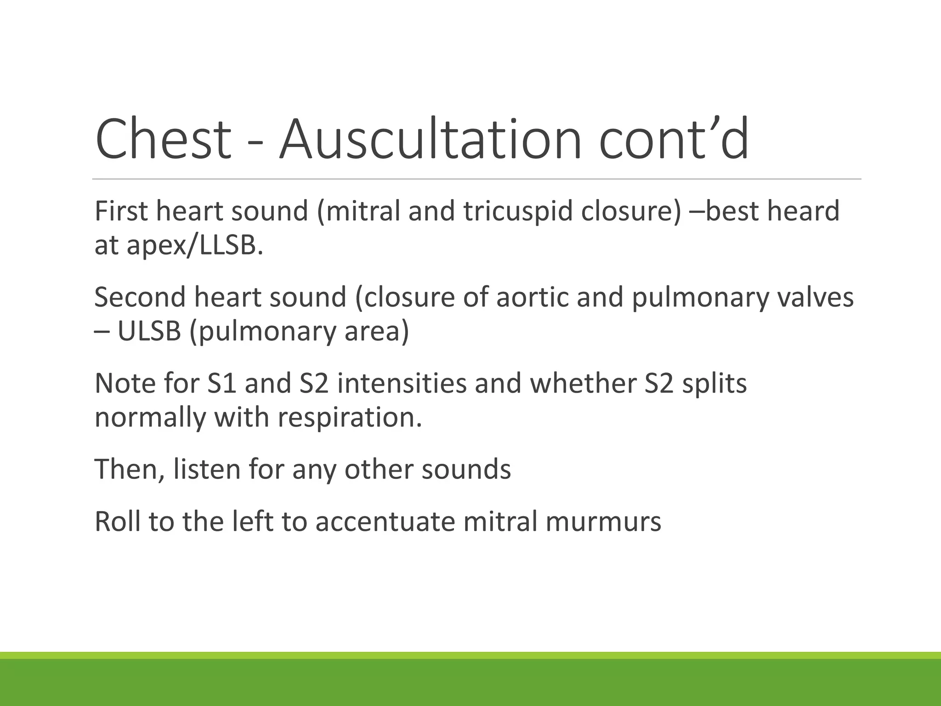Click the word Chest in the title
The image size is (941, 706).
163,139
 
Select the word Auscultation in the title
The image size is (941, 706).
430,139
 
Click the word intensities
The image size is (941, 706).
402,383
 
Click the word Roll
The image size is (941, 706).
117,522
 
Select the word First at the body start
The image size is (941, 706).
121,211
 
